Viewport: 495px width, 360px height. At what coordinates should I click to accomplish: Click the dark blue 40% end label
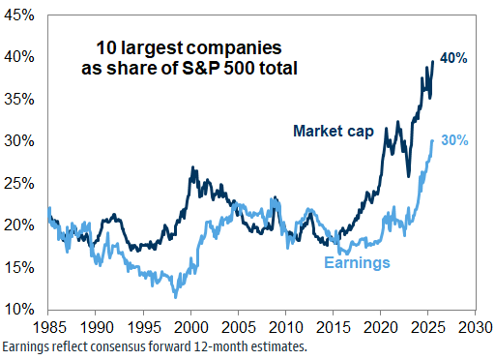[x=453, y=58]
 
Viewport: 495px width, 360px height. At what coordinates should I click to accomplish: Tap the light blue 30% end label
[x=453, y=140]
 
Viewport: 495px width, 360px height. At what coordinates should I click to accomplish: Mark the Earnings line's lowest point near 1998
[x=175, y=296]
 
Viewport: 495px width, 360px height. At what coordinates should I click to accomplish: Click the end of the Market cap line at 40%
[x=432, y=62]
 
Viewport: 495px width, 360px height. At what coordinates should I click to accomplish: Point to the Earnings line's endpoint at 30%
[x=431, y=140]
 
